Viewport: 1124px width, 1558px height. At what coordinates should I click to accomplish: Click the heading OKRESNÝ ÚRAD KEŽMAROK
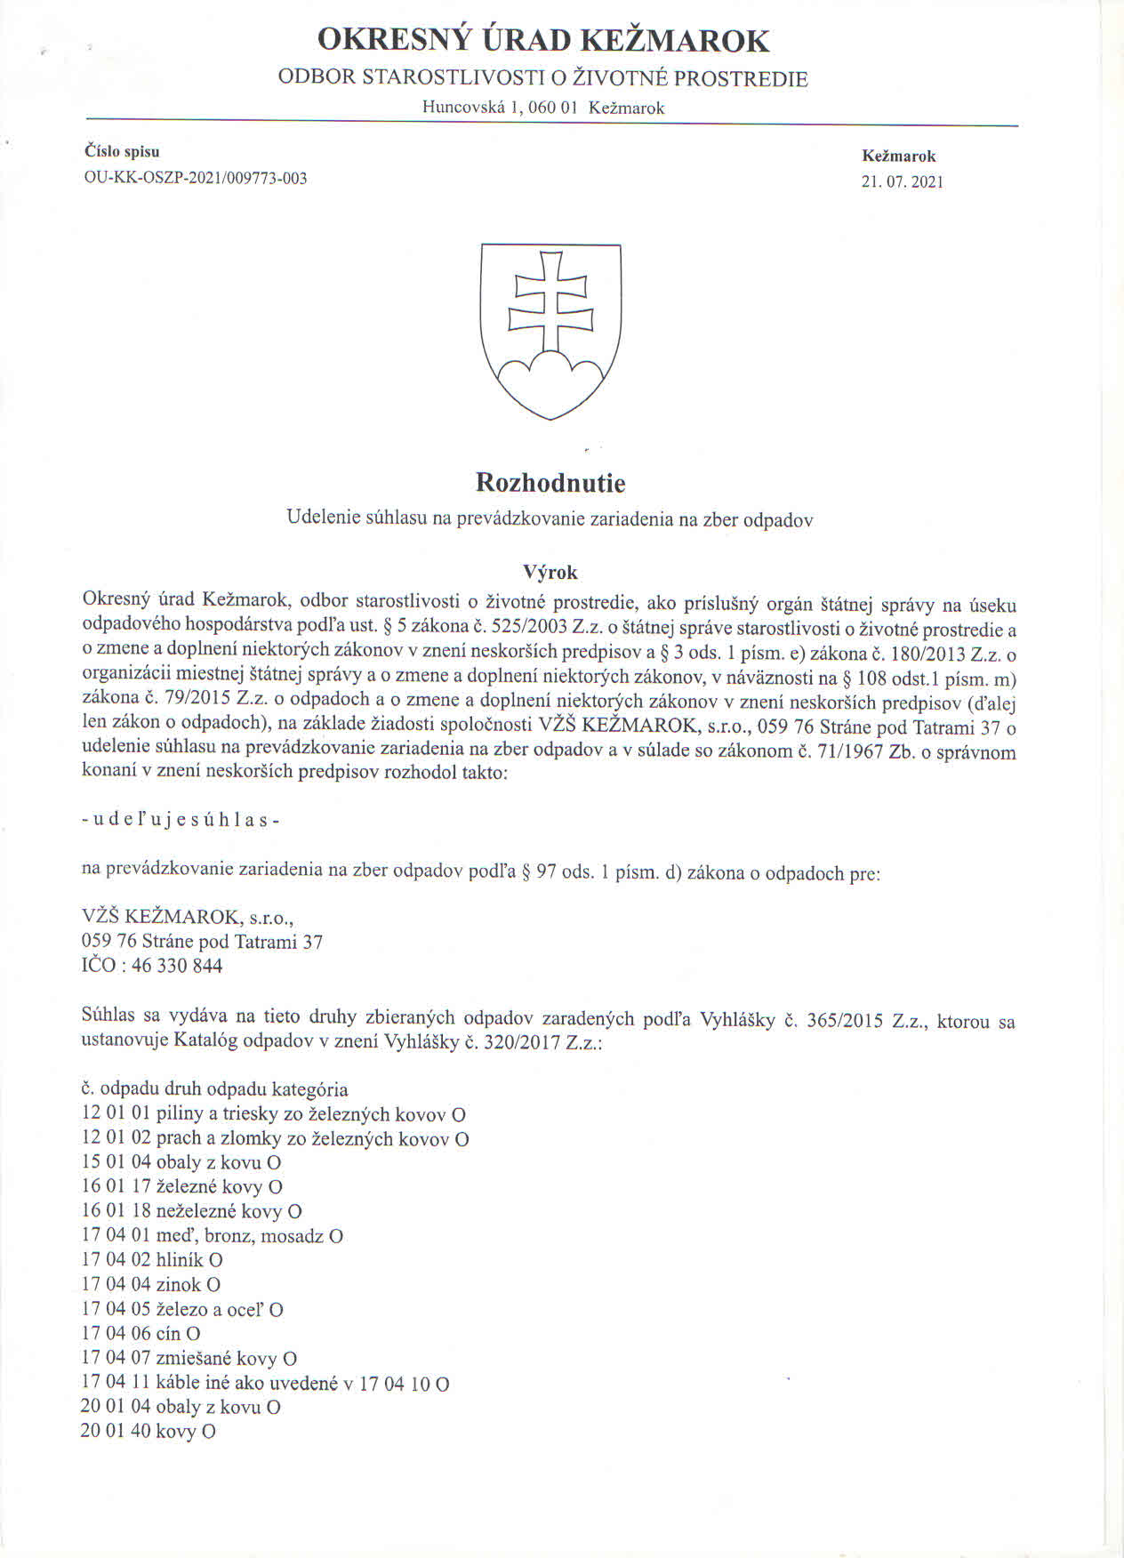click(543, 41)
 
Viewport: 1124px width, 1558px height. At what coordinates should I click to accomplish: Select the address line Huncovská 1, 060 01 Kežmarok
click(543, 108)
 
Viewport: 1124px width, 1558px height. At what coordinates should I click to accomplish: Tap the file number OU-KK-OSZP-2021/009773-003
click(195, 178)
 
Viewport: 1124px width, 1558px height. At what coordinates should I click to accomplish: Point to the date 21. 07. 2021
click(902, 182)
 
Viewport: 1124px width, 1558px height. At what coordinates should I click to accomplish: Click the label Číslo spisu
click(122, 152)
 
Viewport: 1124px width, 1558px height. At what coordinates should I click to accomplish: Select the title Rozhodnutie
click(550, 483)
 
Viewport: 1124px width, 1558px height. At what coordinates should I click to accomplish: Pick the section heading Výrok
click(550, 572)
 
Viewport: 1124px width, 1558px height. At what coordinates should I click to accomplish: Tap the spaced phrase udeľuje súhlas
click(181, 820)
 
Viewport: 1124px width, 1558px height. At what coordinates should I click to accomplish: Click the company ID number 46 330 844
click(177, 966)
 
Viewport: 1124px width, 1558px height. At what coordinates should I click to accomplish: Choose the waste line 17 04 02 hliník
click(151, 1260)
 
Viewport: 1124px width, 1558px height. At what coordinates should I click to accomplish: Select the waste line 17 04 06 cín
click(140, 1334)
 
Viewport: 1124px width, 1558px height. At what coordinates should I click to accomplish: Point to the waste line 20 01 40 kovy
click(148, 1432)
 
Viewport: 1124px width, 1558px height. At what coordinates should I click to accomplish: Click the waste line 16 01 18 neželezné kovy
click(191, 1211)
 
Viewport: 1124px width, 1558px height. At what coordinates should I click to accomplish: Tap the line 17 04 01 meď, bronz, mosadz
click(212, 1236)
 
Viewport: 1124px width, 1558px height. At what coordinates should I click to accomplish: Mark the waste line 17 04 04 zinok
click(150, 1285)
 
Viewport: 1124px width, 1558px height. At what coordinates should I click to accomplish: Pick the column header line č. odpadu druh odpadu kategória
click(214, 1089)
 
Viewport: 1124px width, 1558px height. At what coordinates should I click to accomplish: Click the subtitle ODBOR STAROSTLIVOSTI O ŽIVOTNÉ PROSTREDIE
click(542, 78)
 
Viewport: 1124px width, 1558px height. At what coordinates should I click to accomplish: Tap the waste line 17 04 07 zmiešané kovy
click(189, 1359)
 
